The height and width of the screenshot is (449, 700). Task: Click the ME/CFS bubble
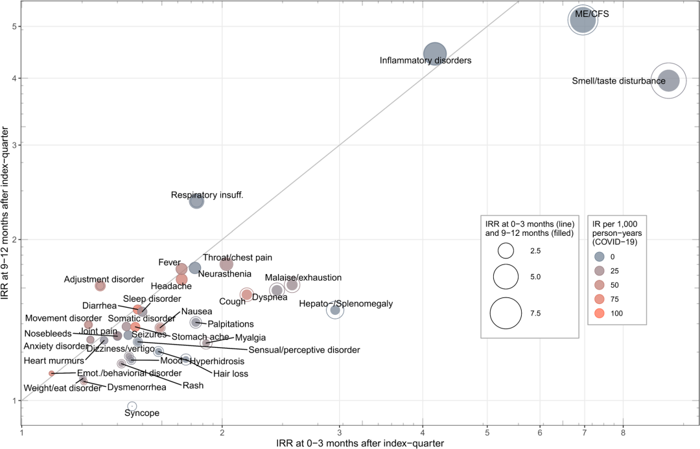583,21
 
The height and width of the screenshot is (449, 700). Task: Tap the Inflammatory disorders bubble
436,54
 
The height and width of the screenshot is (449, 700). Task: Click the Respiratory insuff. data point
196,201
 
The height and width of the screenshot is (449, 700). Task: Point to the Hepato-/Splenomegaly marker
335,310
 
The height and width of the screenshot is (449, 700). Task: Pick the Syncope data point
132,406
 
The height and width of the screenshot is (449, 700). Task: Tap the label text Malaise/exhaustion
303,277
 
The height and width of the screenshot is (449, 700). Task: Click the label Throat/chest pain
237,257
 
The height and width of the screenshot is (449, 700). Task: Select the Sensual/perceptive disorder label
304,350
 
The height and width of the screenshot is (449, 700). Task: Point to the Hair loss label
231,373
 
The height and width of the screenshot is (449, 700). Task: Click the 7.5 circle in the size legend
506,313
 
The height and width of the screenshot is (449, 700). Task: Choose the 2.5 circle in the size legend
506,250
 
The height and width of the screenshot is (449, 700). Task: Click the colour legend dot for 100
599,313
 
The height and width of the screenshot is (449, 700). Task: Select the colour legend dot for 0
599,255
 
